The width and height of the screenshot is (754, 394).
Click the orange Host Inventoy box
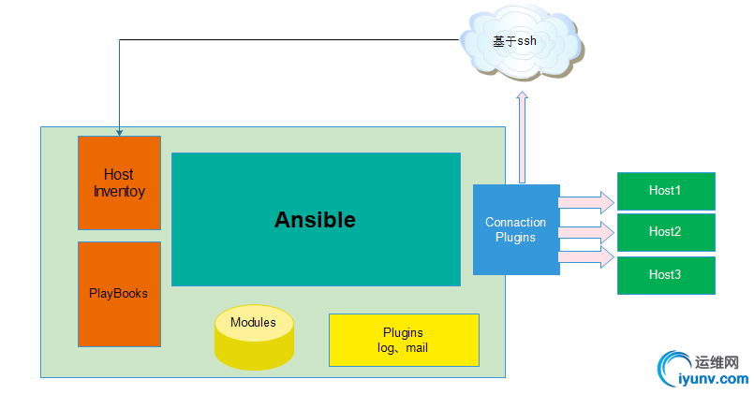[119, 182]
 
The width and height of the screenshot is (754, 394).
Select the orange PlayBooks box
[119, 294]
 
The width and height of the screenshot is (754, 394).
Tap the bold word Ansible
[315, 220]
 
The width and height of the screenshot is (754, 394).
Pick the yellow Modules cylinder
[254, 337]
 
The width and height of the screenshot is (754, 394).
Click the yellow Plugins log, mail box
[404, 340]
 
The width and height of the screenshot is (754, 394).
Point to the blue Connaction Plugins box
[516, 229]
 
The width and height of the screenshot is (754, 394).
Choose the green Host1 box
[665, 191]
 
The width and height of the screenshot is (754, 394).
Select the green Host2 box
[665, 232]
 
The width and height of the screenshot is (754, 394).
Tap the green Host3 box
[665, 275]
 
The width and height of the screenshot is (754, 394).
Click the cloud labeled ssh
[521, 43]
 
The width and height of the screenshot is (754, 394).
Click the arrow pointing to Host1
[586, 201]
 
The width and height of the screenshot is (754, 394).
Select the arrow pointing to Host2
[586, 230]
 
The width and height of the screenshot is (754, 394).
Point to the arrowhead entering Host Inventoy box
[119, 132]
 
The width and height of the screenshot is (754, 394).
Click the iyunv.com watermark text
[713, 379]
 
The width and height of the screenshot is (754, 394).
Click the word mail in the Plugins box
[417, 348]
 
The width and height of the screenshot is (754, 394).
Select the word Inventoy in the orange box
[119, 191]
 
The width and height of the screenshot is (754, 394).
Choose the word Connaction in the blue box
[516, 222]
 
